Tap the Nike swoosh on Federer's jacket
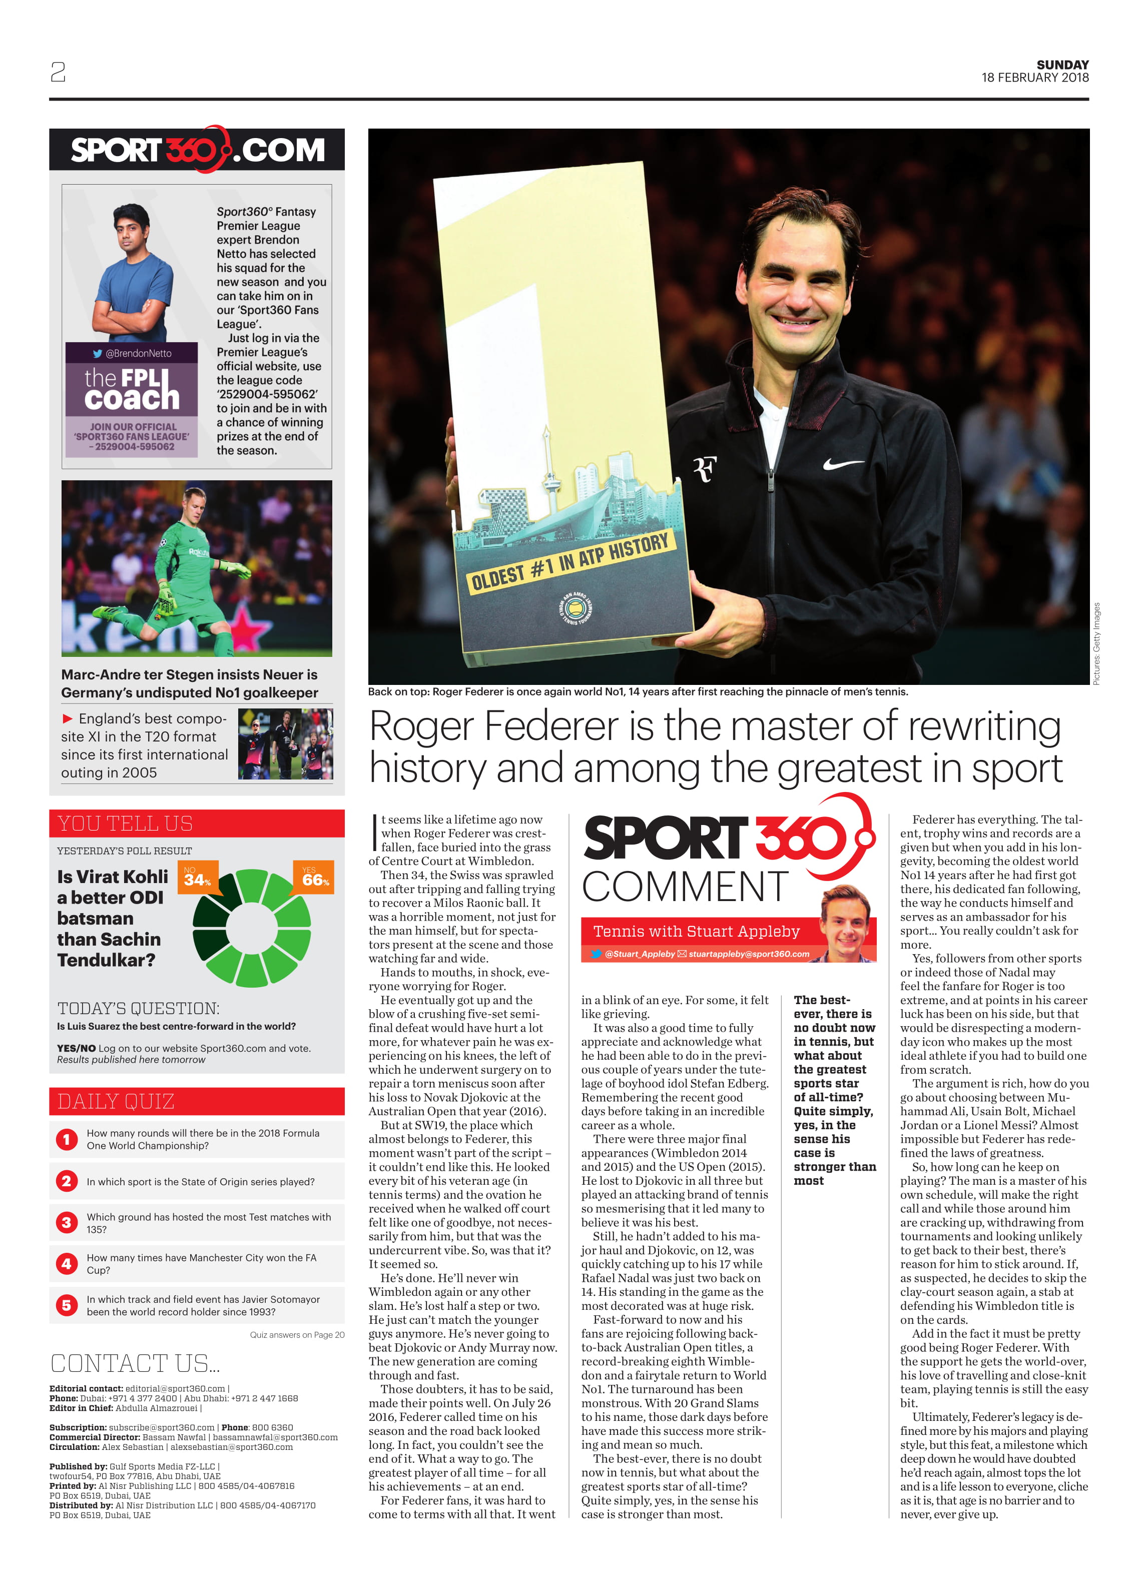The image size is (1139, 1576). coord(842,463)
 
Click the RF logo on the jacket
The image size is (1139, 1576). coord(704,470)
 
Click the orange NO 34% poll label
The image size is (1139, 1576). coord(197,878)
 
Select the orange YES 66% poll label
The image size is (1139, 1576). coord(315,878)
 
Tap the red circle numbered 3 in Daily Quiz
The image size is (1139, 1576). coord(67,1222)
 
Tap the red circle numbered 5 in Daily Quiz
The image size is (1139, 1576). coord(67,1305)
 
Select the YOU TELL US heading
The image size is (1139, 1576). coord(125,824)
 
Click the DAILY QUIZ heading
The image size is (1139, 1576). coord(116,1101)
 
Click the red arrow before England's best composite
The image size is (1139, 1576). coord(68,718)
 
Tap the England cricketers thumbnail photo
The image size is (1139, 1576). coord(285,743)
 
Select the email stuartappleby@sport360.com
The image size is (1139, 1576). coord(749,954)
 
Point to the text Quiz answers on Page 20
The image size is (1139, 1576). coord(297,1335)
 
